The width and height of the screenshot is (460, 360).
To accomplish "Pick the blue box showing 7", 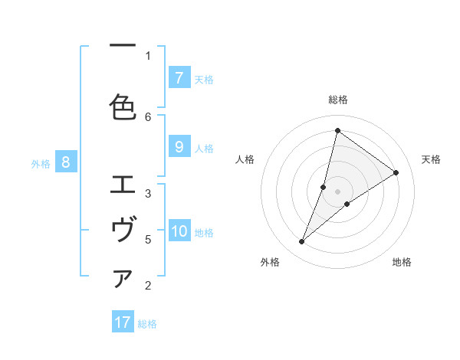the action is [179, 77].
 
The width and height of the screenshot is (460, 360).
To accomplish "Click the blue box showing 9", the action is [179, 148].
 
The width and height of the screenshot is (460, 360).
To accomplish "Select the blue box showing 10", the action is [179, 232].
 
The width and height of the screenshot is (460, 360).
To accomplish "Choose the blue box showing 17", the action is [123, 322].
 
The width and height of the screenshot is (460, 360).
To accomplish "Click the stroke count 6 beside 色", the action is [148, 116].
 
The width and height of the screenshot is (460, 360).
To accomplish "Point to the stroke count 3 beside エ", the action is [148, 193].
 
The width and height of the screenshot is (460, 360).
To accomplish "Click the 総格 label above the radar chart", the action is [338, 100].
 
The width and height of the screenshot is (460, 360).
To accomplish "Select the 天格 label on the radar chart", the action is [431, 159].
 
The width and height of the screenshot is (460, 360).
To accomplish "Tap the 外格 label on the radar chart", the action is [270, 262].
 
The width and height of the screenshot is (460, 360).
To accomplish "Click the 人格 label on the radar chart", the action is [245, 159].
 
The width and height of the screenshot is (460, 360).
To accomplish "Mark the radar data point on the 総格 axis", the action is [337, 130].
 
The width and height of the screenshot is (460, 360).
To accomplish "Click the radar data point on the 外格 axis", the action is [302, 242].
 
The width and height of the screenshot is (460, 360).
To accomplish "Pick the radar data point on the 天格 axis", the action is [396, 172].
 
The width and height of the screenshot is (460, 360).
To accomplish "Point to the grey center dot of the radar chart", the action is [338, 191].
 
